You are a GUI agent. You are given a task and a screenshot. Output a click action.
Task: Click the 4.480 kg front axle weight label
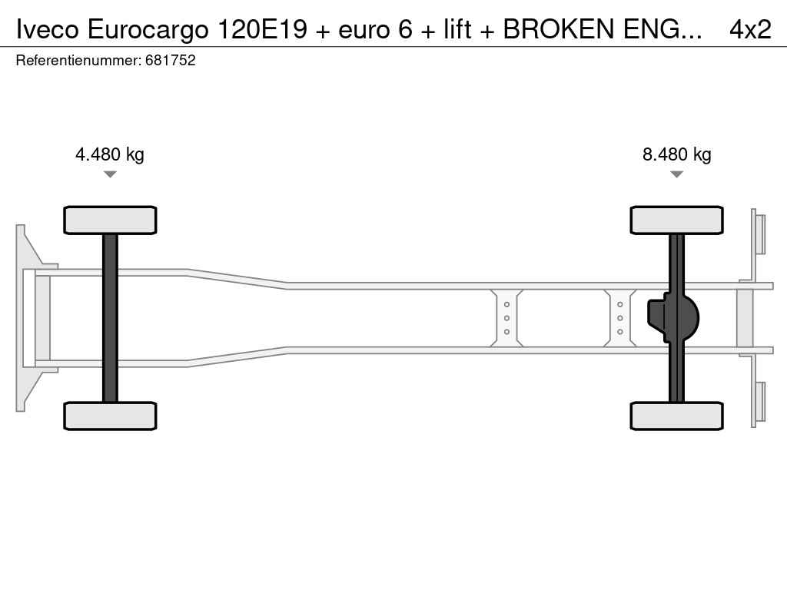point(109,154)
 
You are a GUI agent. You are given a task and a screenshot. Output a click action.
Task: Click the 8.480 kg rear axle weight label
point(676,154)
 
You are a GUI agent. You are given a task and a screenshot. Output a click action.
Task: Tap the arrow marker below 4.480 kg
point(110,174)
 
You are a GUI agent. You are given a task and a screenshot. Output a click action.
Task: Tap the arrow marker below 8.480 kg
point(676,174)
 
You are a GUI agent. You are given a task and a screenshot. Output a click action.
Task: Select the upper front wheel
point(110,220)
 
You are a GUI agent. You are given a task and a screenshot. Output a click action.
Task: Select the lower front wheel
point(110,416)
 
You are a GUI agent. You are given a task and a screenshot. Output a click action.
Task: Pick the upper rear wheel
point(676,220)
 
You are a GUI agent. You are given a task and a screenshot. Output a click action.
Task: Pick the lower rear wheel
point(676,416)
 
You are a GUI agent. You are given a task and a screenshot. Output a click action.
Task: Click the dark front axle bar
point(110,318)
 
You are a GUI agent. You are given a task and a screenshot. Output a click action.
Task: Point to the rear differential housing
point(673,318)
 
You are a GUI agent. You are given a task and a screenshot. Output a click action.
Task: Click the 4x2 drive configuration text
point(750,29)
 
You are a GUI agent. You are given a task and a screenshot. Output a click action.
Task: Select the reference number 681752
point(170,60)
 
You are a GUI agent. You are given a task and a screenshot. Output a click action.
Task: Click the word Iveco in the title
point(48,29)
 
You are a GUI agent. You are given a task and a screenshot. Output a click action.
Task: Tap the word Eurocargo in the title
point(148,30)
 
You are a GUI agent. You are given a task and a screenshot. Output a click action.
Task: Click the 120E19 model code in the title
point(262,29)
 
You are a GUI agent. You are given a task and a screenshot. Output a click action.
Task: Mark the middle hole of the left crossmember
point(506,318)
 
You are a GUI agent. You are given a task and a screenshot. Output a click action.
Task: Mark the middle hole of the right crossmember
point(620,318)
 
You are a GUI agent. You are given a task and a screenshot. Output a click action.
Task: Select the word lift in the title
point(457,29)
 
